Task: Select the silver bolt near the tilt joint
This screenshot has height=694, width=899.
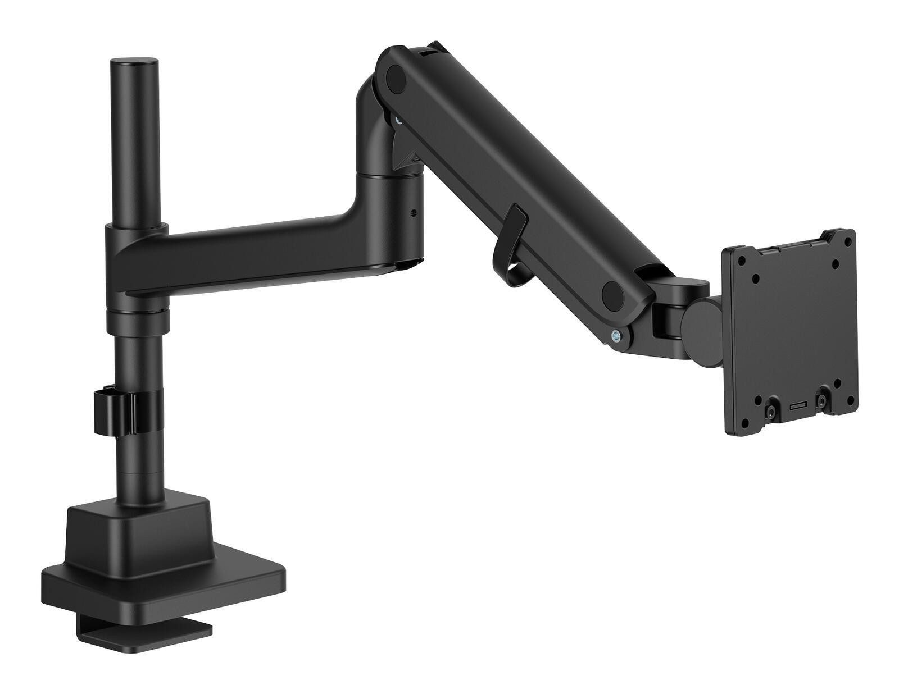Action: pyautogui.click(x=618, y=337)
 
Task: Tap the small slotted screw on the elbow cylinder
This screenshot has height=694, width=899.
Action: pyautogui.click(x=415, y=213)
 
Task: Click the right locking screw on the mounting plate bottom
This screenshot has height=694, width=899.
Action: pyautogui.click(x=822, y=401)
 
